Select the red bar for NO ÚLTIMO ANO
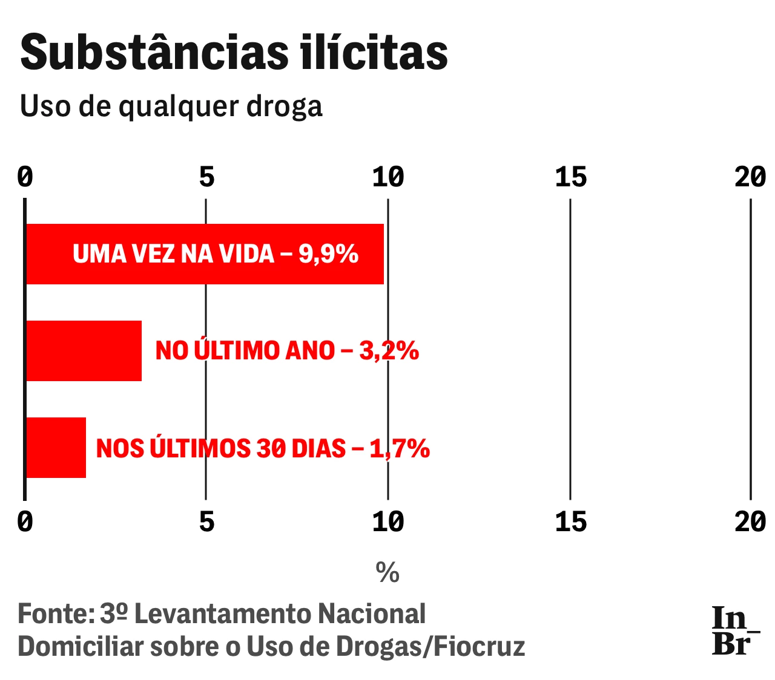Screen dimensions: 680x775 84,351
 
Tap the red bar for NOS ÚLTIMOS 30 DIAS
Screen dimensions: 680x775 56,448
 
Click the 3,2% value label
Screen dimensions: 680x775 389,351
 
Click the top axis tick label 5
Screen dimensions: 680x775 207,177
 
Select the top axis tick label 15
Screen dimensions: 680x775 570,177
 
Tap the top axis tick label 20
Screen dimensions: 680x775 750,177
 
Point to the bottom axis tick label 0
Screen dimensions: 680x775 25,521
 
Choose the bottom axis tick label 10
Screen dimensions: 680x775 388,521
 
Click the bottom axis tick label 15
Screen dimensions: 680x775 570,521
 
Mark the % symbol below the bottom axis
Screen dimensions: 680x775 387,572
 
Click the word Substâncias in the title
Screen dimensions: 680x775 155,52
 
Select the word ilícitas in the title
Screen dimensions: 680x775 374,52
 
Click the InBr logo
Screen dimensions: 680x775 734,630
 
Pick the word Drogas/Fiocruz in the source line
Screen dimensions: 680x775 430,647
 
